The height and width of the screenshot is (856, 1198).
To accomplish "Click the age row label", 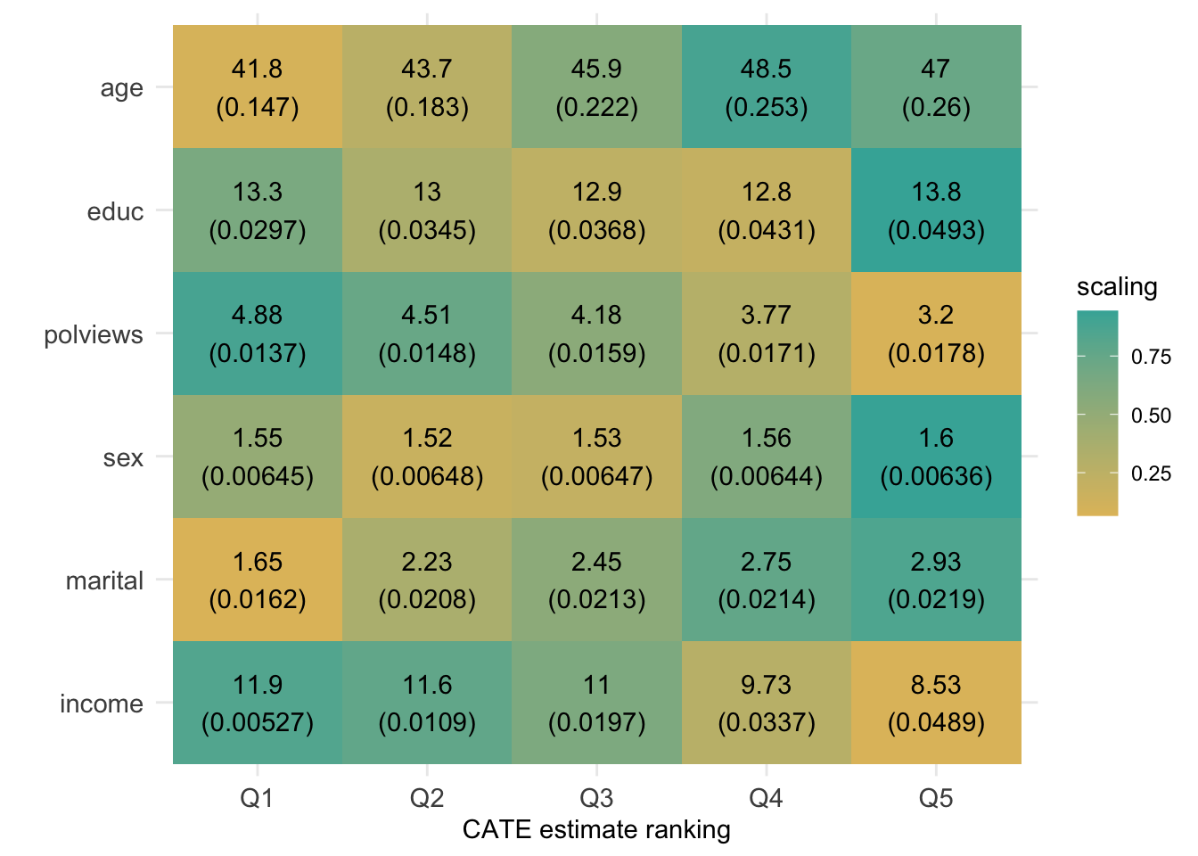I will click(x=121, y=88).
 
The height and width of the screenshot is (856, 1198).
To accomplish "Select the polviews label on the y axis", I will click(x=94, y=335).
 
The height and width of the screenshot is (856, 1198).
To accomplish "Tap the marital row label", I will click(x=104, y=581).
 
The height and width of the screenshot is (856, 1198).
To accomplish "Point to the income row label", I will click(x=101, y=704).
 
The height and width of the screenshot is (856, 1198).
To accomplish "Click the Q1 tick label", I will click(x=257, y=797).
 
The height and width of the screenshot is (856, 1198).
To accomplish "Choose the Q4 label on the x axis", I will click(x=766, y=797).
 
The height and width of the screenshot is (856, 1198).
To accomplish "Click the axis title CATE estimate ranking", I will click(x=596, y=830).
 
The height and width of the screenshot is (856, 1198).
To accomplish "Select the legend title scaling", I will click(x=1116, y=287).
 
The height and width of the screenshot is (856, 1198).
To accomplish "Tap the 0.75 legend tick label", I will click(x=1151, y=358).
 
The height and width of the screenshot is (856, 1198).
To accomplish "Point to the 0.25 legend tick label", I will click(x=1151, y=473).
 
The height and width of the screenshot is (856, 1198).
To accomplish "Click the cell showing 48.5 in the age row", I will click(x=766, y=87).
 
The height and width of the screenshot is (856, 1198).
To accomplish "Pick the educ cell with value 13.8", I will click(x=936, y=210).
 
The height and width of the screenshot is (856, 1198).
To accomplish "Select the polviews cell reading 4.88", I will click(x=257, y=333).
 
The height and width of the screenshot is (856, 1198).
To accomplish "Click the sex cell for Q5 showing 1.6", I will click(x=936, y=457).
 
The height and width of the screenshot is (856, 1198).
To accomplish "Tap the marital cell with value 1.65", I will click(x=257, y=580).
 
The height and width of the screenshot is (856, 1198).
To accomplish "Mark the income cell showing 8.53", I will click(x=936, y=703).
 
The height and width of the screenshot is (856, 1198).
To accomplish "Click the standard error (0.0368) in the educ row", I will click(x=596, y=231).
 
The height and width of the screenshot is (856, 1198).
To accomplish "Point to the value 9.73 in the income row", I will click(x=766, y=685).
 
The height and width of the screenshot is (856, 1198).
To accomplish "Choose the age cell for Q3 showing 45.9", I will click(x=596, y=87).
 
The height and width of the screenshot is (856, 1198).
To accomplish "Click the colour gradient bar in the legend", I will click(x=1096, y=413).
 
